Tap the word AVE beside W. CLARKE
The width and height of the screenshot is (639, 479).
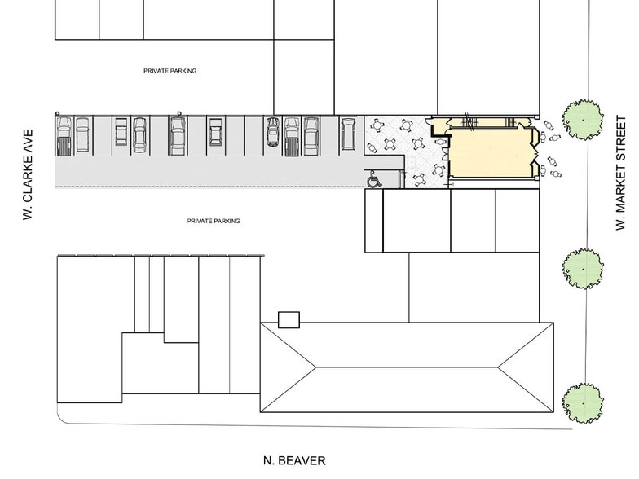(27, 139)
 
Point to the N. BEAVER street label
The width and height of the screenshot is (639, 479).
(294, 461)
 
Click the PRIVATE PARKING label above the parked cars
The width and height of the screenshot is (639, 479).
(170, 71)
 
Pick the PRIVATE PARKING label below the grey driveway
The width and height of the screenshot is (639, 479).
(214, 221)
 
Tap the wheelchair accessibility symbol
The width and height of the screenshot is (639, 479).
(374, 178)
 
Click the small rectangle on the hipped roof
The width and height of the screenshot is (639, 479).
(289, 319)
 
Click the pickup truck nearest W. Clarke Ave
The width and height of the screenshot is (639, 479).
(64, 136)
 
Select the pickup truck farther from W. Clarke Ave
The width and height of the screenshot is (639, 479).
(292, 136)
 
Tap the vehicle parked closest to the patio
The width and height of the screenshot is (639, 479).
(348, 135)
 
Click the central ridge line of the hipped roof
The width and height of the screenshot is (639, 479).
(406, 368)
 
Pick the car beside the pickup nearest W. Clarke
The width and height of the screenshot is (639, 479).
(82, 136)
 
